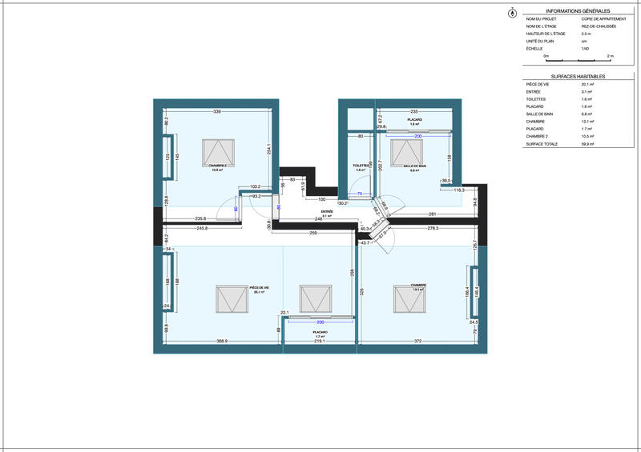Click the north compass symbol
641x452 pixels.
tap(512, 13)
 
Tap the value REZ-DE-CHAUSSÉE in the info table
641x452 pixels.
tap(599, 26)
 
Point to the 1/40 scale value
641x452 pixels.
tap(585, 49)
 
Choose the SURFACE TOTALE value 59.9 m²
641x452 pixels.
tap(587, 144)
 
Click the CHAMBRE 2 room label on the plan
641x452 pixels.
tap(219, 166)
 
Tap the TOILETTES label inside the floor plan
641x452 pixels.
tap(361, 166)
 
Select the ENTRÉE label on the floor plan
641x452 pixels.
tap(326, 212)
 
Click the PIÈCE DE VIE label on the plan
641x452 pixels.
tap(259, 288)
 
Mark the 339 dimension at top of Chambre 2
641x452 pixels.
tap(216, 111)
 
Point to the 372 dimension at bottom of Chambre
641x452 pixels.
tap(417, 342)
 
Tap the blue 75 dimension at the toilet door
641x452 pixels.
tap(361, 194)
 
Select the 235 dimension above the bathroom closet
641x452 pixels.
tap(414, 111)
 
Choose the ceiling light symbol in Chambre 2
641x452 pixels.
tap(218, 150)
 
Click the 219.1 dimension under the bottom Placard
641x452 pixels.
tap(319, 342)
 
